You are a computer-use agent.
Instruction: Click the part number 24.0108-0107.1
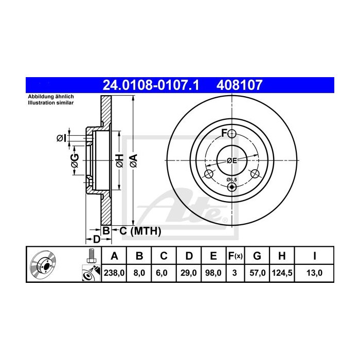[x=151, y=85]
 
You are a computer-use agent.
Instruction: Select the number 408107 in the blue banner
[x=240, y=85]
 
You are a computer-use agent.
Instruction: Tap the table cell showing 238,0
[x=114, y=273]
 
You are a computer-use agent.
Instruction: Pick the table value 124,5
[x=282, y=273]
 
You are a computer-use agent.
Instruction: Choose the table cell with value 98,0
[x=213, y=273]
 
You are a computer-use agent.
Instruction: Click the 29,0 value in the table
[x=189, y=273]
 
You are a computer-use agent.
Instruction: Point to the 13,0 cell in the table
[x=314, y=273]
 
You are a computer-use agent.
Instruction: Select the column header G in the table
[x=257, y=256]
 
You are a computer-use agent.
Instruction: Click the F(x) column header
[x=235, y=256]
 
